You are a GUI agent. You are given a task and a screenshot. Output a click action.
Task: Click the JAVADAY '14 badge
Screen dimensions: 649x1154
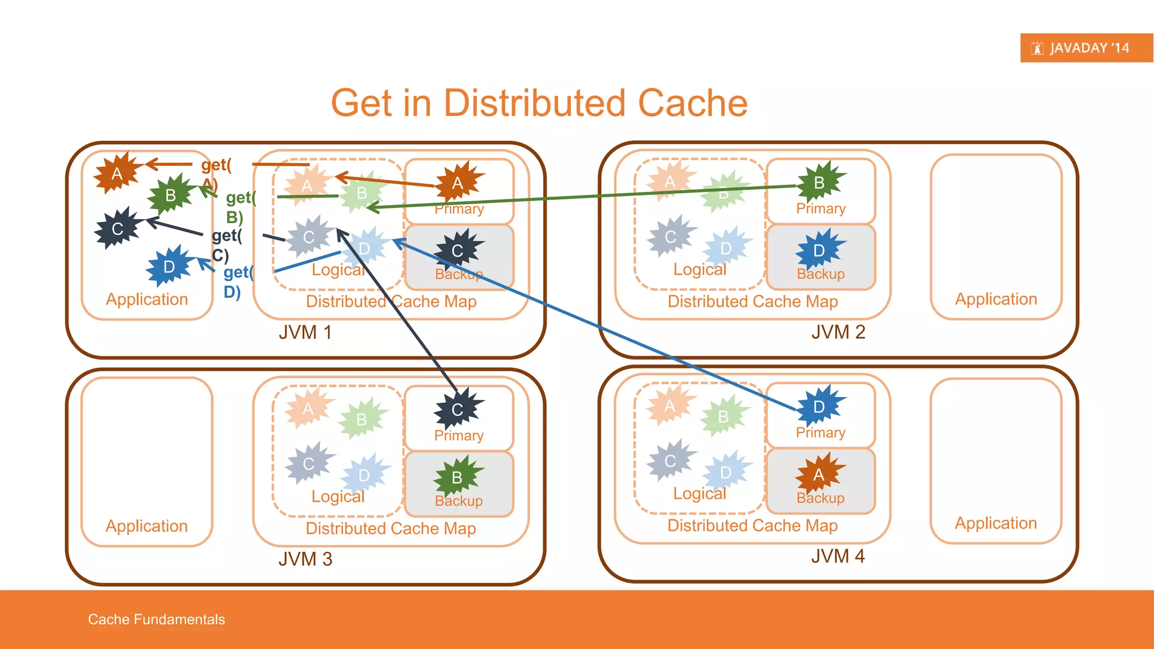pyautogui.click(x=1086, y=48)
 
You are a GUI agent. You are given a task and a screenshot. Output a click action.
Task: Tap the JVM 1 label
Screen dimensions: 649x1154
pyautogui.click(x=305, y=332)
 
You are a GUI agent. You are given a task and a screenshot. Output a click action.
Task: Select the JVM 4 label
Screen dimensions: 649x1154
pyautogui.click(x=837, y=556)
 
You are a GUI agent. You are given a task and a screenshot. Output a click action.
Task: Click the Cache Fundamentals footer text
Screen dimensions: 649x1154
pyautogui.click(x=156, y=619)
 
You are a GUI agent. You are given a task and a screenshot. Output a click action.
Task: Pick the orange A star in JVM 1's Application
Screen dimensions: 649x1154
pyautogui.click(x=117, y=173)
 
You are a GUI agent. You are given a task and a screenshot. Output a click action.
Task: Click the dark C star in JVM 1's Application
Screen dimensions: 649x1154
pyautogui.click(x=117, y=228)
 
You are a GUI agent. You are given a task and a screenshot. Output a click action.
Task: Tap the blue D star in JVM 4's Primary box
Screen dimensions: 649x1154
pyautogui.click(x=819, y=406)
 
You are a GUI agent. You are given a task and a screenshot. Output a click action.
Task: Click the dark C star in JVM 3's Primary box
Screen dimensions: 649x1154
pyautogui.click(x=458, y=409)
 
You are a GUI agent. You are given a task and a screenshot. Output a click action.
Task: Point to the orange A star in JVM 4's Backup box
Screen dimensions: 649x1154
pyautogui.click(x=819, y=474)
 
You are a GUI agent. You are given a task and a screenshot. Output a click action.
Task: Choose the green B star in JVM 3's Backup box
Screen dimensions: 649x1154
pyautogui.click(x=458, y=477)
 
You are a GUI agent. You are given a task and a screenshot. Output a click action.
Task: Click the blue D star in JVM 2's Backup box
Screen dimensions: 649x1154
pyautogui.click(x=819, y=250)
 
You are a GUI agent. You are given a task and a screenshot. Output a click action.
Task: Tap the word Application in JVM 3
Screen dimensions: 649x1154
pyautogui.click(x=147, y=526)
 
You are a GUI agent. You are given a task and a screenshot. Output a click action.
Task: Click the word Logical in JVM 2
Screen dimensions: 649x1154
pyautogui.click(x=699, y=269)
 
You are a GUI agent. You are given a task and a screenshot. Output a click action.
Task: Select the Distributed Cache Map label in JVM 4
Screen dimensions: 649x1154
pyautogui.click(x=752, y=525)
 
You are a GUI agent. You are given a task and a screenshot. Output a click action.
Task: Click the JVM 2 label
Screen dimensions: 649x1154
pyautogui.click(x=837, y=332)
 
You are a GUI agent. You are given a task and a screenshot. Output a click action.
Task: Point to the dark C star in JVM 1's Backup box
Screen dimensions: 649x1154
pyautogui.click(x=458, y=250)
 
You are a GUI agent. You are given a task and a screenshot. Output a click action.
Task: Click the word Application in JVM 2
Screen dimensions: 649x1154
pyautogui.click(x=996, y=299)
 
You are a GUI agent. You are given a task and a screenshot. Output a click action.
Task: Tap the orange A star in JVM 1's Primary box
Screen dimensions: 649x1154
pyautogui.click(x=458, y=183)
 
